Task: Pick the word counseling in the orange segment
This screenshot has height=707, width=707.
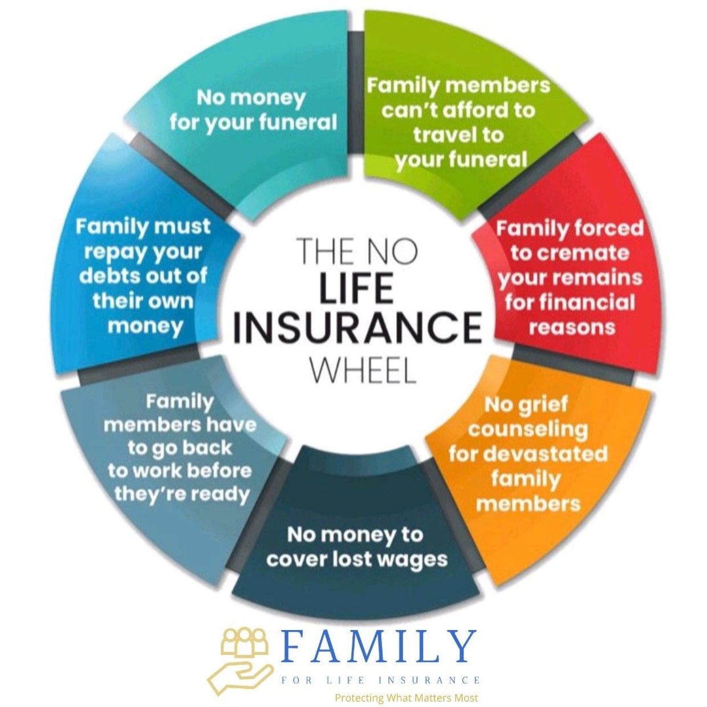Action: coord(527,429)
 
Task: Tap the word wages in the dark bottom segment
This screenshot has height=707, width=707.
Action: coord(412,560)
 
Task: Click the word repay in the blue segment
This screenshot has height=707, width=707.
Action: coord(115,252)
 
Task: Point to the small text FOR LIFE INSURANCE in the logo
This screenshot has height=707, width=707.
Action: coord(380,670)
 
